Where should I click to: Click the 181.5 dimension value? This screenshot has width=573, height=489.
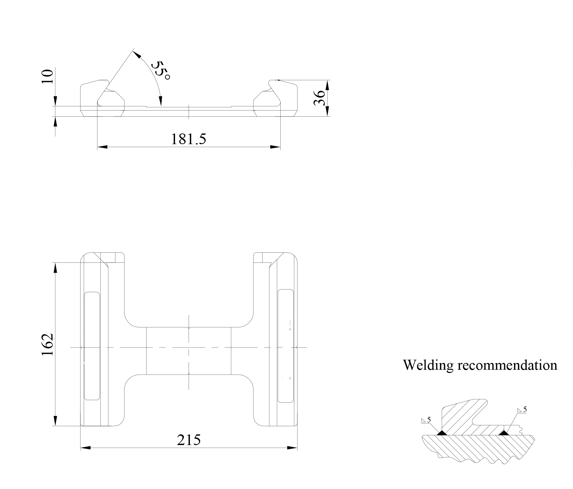tap(188, 139)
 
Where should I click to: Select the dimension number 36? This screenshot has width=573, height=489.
tap(319, 98)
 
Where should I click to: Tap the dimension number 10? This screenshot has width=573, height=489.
tap(47, 77)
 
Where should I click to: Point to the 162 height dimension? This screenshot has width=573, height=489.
tap(47, 345)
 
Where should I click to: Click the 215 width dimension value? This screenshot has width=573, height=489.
tap(189, 440)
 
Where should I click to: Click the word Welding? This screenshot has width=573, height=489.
tap(428, 365)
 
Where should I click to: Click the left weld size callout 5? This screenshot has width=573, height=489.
tap(429, 420)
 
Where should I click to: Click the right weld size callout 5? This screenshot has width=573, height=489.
tap(525, 409)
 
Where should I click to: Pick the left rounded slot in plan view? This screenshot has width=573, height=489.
tap(92, 346)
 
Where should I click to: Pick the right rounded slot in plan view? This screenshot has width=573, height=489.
tap(286, 346)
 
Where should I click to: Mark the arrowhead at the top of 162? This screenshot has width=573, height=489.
tap(56, 268)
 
